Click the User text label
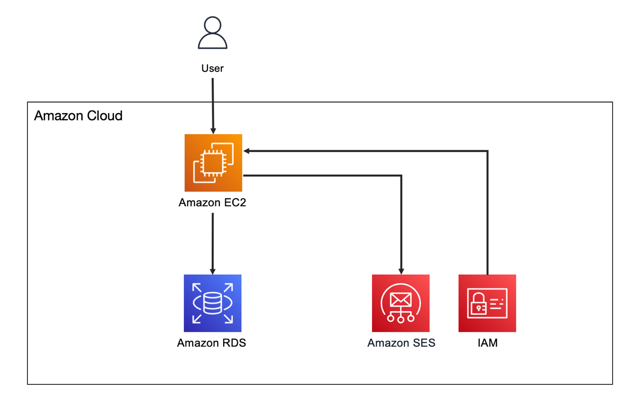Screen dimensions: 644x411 click(212, 68)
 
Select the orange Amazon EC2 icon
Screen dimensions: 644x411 click(213, 163)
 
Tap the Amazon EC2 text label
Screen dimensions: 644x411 click(212, 202)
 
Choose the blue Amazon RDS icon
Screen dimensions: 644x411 click(213, 303)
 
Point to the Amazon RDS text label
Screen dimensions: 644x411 click(211, 343)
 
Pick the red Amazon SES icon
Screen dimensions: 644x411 click(401, 303)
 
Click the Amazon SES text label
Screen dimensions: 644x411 click(401, 343)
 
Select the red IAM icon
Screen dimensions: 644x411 click(487, 303)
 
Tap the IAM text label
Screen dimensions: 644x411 click(488, 343)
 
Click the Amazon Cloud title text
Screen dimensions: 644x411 click(78, 116)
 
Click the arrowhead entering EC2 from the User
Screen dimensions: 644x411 click(213, 131)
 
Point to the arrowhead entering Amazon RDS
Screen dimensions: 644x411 click(213, 272)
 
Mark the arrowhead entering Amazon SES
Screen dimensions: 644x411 click(401, 272)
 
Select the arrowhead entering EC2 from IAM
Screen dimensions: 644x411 click(247, 151)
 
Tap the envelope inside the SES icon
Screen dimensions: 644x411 click(400, 300)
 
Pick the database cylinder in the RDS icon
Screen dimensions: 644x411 click(212, 303)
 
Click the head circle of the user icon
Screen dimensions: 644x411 click(212, 25)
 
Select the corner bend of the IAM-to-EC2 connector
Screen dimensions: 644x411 click(488, 151)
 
